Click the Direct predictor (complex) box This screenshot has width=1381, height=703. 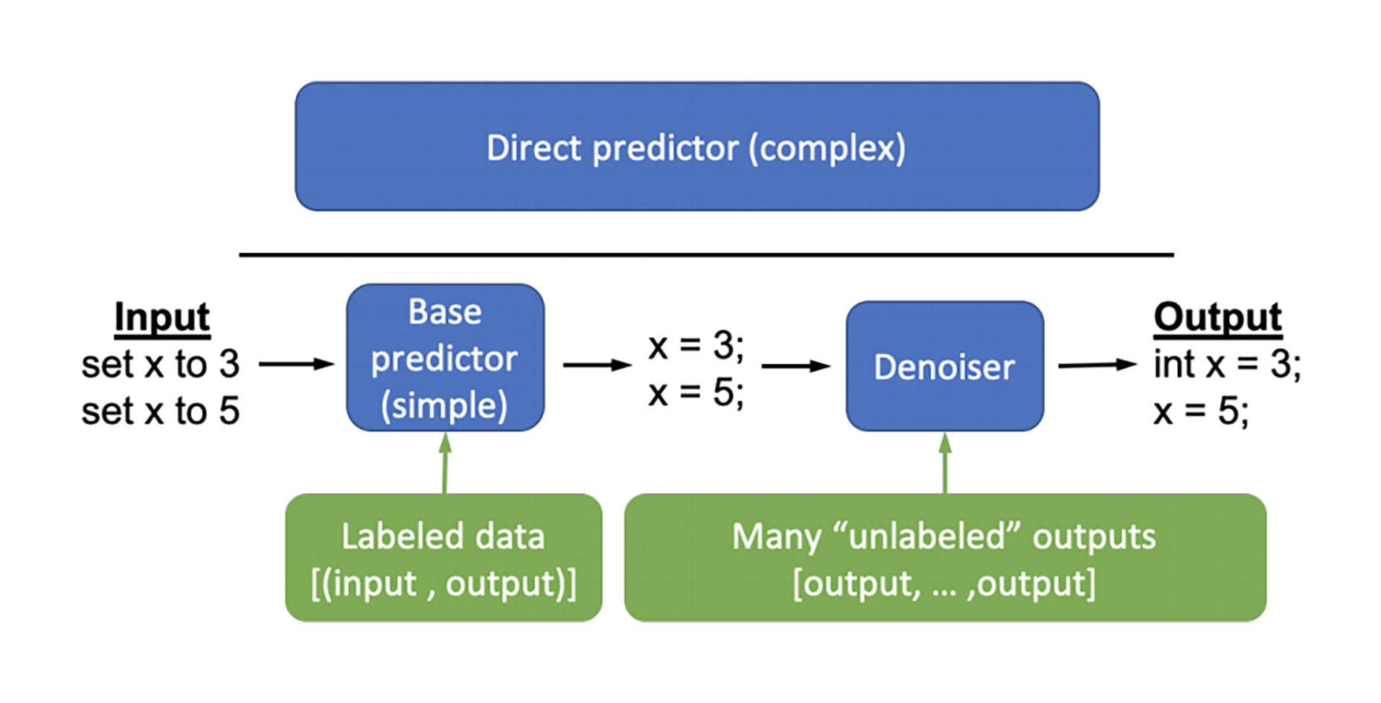point(697,147)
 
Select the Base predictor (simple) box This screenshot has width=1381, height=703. point(445,357)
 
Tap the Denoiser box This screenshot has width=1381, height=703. point(945,366)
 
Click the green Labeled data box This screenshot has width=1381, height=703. point(443,558)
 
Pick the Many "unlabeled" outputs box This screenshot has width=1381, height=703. point(945,558)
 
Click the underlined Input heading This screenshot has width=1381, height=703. point(162,318)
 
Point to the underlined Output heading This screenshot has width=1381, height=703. point(1217,318)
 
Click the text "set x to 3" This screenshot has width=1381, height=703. point(161,365)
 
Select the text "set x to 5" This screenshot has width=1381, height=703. point(161,411)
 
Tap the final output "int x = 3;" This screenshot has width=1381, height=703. point(1228,365)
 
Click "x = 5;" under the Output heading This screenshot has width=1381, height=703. point(1201,411)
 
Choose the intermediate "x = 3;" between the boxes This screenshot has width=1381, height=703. point(696,346)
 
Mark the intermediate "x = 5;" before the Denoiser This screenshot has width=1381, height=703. point(696,393)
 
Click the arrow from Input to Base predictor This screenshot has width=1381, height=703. point(297,364)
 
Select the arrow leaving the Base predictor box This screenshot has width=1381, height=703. point(597,365)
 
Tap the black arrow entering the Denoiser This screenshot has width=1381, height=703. point(796,366)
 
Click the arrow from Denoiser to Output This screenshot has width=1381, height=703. point(1098,365)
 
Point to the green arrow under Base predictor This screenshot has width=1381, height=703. point(445,463)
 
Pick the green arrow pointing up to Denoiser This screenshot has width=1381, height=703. point(945,463)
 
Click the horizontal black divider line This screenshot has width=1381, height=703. point(706,255)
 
